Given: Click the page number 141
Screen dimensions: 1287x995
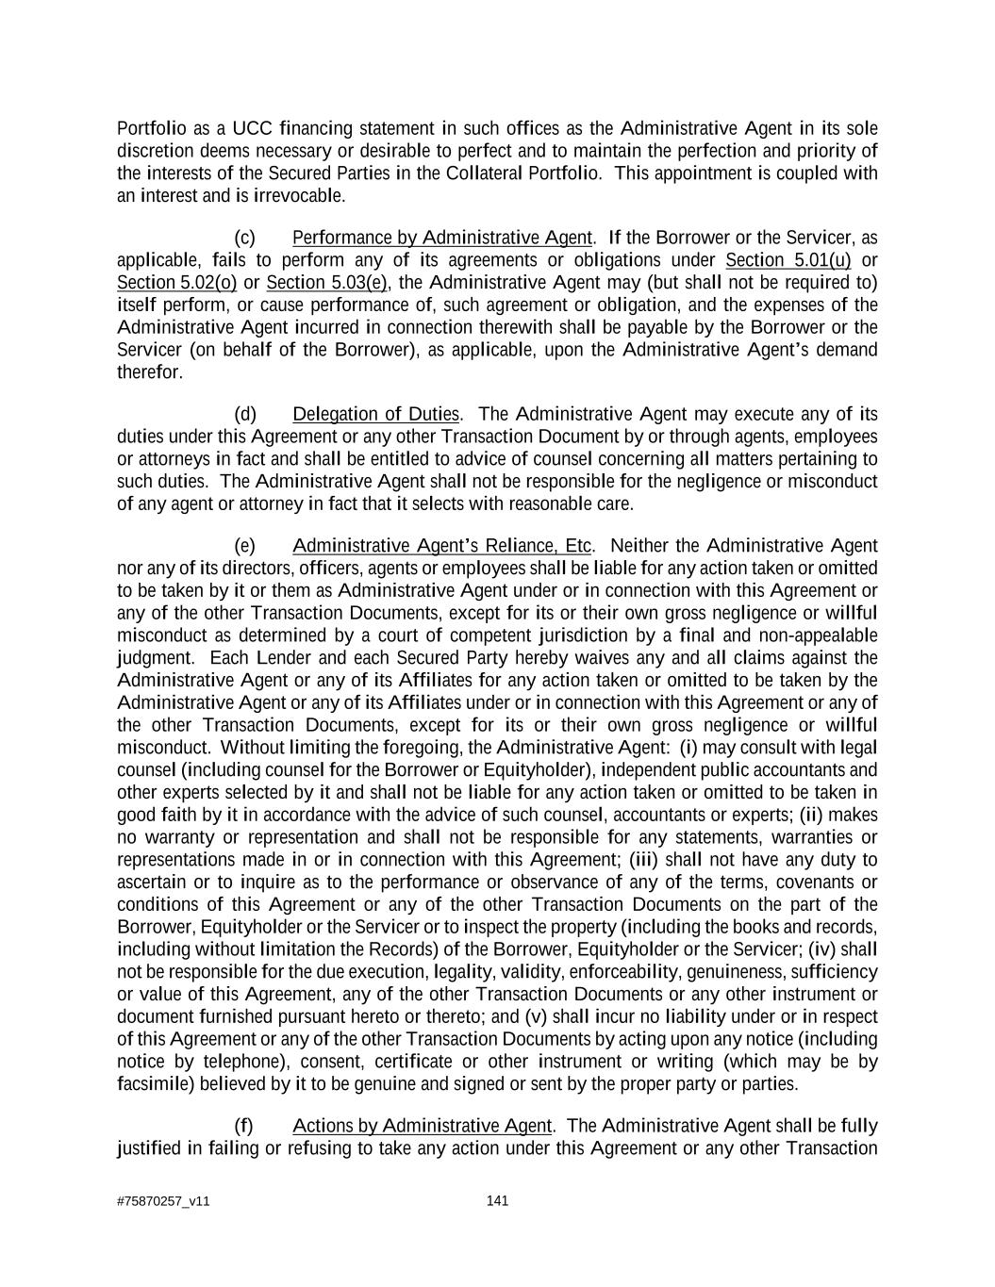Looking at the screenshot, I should click(x=497, y=1200).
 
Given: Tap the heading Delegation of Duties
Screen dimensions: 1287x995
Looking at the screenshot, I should click(x=375, y=415).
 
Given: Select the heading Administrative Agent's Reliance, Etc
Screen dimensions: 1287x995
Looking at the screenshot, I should click(x=442, y=547).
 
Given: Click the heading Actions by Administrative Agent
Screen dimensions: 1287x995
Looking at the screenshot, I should click(x=422, y=1127).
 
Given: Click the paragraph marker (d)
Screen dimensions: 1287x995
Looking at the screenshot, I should click(x=244, y=415).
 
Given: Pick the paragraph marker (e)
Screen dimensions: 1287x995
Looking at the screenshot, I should click(x=244, y=547).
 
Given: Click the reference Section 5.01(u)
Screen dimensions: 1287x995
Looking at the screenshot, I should click(x=788, y=260).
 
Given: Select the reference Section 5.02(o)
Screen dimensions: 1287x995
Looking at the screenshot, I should click(x=176, y=283).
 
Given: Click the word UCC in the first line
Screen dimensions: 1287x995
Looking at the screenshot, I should click(x=252, y=128).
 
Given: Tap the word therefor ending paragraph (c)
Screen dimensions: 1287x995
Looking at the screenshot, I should click(x=149, y=372).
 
